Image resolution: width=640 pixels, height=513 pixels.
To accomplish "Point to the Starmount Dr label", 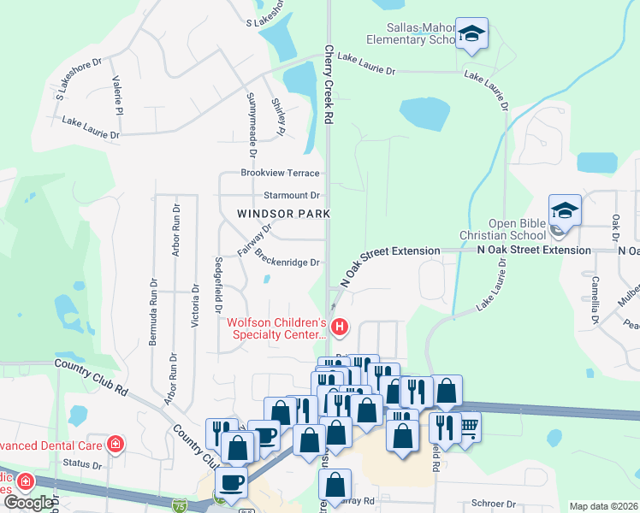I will pyautogui.click(x=291, y=195).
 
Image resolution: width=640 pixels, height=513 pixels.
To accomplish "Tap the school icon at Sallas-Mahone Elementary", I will pyautogui.click(x=471, y=34).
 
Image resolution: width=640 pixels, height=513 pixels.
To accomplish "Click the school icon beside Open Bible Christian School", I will pyautogui.click(x=565, y=210).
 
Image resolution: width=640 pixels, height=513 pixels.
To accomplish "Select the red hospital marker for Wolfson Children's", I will pyautogui.click(x=341, y=327).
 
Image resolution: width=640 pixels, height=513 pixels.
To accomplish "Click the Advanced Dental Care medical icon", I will pyautogui.click(x=115, y=445).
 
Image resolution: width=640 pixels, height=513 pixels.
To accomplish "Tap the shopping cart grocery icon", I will pyautogui.click(x=467, y=426).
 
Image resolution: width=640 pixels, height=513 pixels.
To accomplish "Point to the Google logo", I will pyautogui.click(x=28, y=503).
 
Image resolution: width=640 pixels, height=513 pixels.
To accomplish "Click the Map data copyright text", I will pyautogui.click(x=603, y=506).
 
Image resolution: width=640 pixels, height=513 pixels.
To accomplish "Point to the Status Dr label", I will pyautogui.click(x=83, y=465).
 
